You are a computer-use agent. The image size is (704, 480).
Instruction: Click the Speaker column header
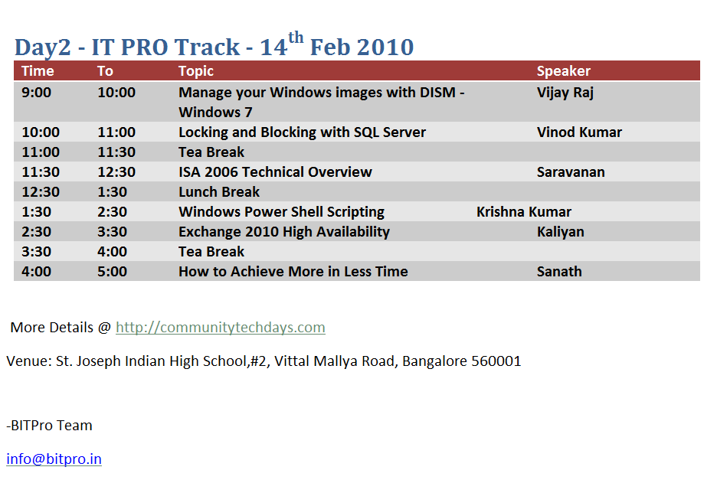click(564, 71)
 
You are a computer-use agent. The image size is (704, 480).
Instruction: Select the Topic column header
click(196, 71)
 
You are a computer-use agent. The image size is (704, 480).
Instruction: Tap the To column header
click(105, 71)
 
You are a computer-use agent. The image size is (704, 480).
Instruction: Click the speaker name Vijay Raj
click(565, 93)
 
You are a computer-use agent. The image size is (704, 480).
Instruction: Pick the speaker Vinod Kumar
click(579, 132)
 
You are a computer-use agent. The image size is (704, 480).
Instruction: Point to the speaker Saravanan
click(571, 171)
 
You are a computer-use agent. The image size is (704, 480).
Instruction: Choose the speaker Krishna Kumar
click(523, 212)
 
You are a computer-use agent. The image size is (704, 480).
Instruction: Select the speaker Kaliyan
click(560, 232)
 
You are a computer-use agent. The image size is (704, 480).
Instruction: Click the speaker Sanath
click(559, 272)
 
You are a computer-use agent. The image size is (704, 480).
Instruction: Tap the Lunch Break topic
click(219, 192)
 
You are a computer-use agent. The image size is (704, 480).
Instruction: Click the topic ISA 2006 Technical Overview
click(275, 171)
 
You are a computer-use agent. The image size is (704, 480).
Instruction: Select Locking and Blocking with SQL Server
click(302, 132)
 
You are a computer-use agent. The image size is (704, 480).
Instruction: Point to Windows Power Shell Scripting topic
click(281, 212)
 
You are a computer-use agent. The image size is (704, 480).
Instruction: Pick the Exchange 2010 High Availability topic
click(284, 232)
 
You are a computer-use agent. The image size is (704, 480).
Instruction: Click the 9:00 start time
click(36, 93)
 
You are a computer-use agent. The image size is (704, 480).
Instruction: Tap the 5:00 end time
click(113, 272)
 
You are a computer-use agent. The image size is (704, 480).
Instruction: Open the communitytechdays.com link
click(221, 328)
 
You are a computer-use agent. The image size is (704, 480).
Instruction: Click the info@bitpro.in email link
click(54, 459)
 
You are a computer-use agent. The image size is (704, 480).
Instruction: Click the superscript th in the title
click(296, 38)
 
